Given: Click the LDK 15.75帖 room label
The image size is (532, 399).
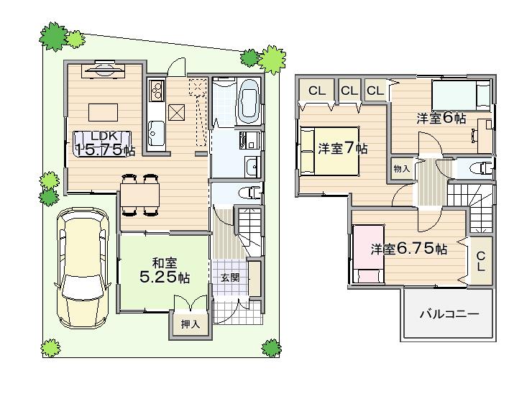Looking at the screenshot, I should pos(104,145).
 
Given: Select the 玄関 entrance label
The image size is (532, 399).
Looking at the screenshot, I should pos(229,278).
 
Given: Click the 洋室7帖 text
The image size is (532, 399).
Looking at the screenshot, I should pos(343,149).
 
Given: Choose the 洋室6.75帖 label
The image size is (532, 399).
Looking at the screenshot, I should pos(409,249).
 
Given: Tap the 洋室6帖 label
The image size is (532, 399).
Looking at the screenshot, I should pos(441,119).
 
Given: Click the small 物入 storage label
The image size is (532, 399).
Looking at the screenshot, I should pos(401,168).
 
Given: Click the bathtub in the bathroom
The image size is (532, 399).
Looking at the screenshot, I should pos(249,103).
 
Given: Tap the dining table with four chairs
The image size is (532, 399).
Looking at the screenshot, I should pos(139,194).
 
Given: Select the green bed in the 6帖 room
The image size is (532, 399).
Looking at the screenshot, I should pos(460,94).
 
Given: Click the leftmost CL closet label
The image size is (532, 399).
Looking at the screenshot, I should pos(317,91).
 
